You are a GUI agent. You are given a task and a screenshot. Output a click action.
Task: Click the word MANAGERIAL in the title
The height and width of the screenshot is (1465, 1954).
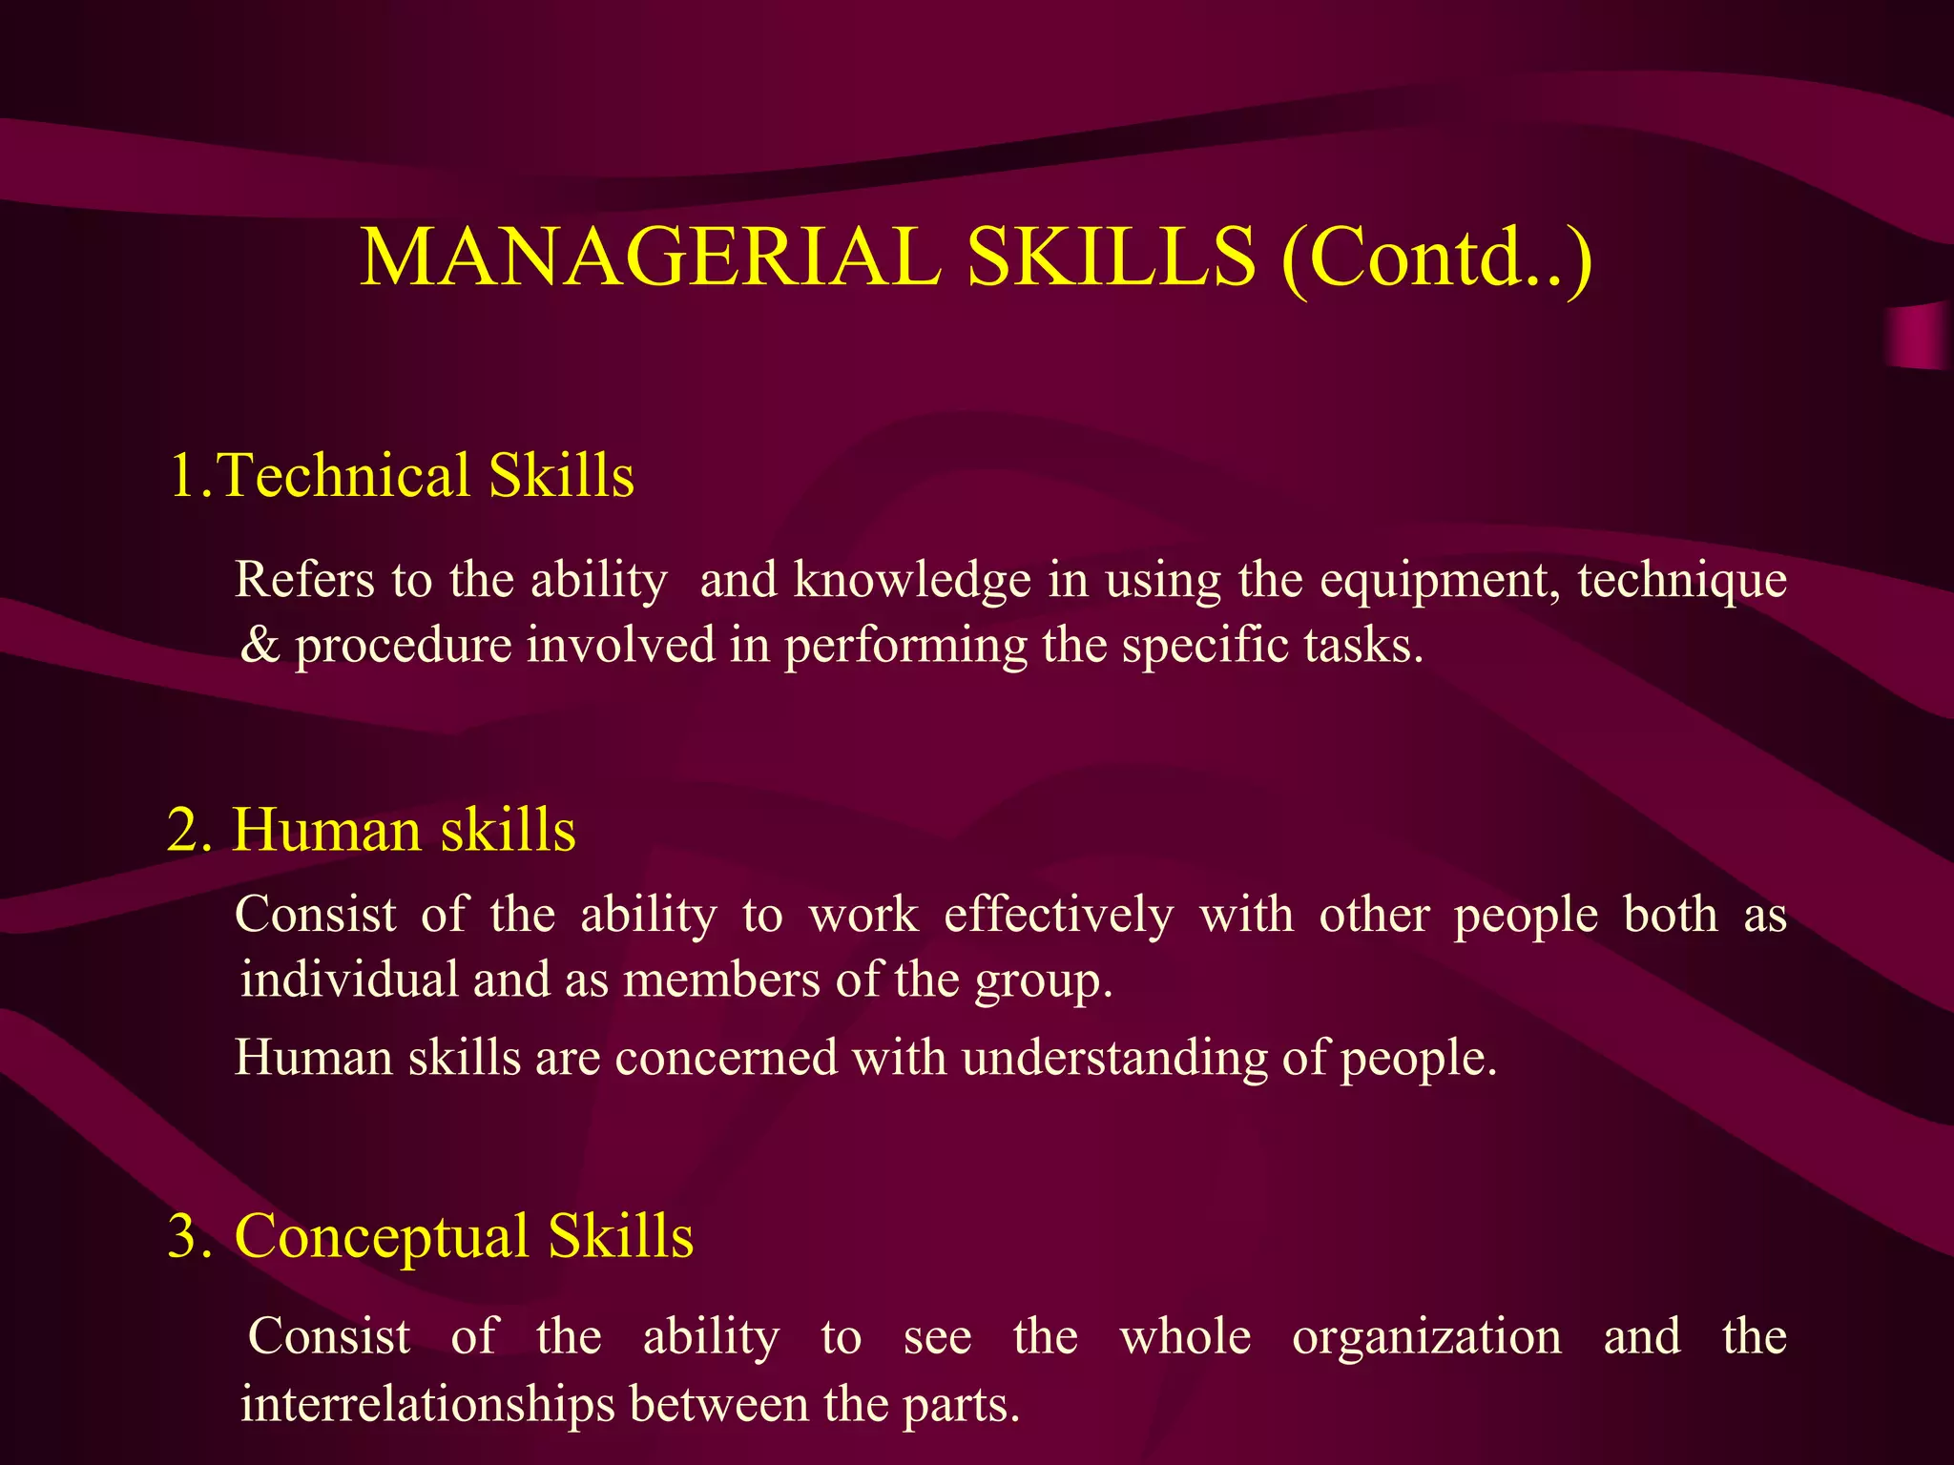pos(651,258)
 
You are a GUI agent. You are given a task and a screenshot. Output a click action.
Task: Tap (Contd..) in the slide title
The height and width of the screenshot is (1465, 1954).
pos(1437,259)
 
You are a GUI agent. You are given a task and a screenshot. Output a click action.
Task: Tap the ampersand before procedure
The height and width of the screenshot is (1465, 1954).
pos(260,646)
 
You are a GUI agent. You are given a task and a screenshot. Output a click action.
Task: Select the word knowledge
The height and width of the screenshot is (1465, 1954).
pos(912,580)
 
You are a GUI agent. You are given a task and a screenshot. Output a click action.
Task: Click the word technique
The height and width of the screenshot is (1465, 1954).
pos(1682,582)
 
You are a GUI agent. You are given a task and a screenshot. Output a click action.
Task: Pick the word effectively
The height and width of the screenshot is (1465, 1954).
pos(1058,916)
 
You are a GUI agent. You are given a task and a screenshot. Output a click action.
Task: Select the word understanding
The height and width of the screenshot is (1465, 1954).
pos(1113,1059)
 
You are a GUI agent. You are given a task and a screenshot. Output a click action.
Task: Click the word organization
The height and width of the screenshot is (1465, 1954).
pos(1426,1337)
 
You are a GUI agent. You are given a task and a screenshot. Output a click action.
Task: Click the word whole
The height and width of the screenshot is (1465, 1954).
pos(1185,1337)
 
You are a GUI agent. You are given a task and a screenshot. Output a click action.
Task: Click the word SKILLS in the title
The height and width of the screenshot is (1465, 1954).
pos(1111,258)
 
